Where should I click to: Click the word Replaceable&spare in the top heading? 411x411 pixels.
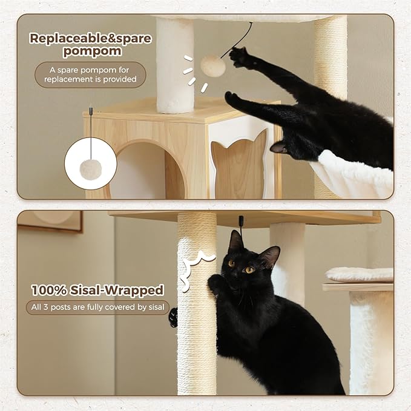coord(90,38)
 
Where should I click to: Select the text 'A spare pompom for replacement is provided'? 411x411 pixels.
coord(90,74)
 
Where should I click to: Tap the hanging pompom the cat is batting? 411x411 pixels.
coord(212,66)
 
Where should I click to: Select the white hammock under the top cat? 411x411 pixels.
coord(357,176)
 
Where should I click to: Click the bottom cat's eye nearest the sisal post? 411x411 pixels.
coord(231,263)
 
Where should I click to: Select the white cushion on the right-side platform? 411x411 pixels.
coord(359,274)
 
